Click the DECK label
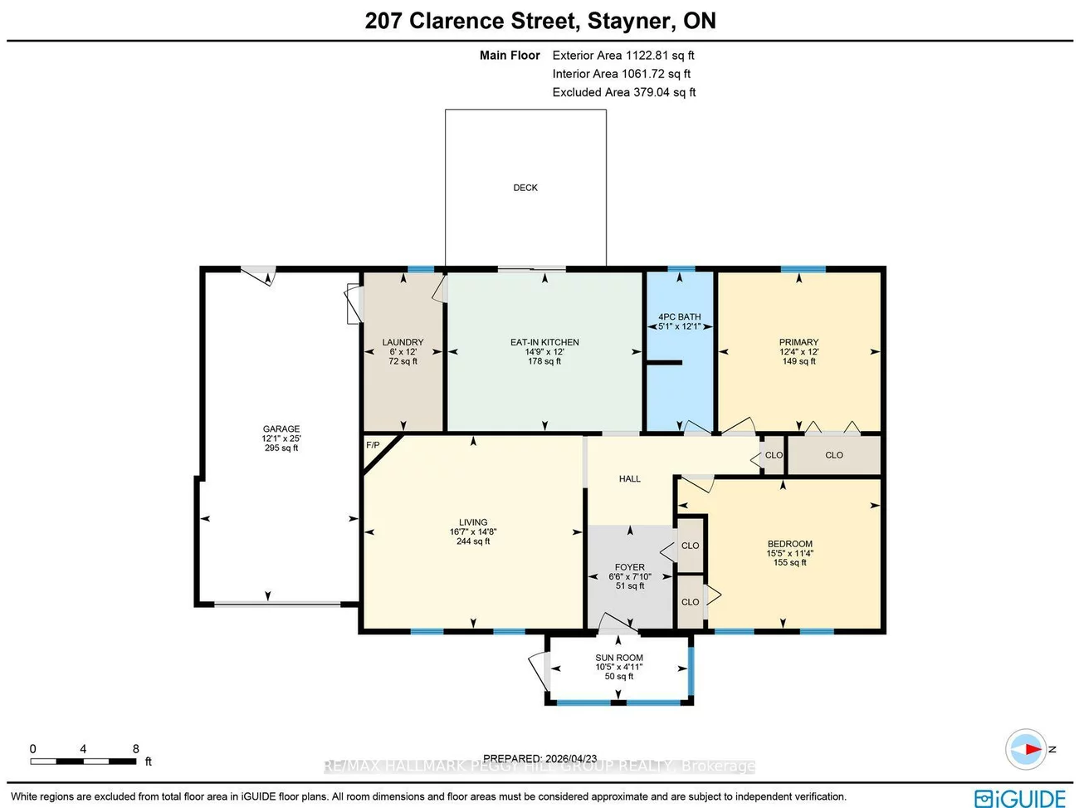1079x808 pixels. point(525,188)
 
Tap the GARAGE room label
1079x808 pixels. point(281,429)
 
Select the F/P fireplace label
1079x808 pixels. point(373,446)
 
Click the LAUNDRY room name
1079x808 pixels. point(403,342)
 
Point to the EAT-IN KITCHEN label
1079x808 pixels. point(544,342)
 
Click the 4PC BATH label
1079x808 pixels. point(679,317)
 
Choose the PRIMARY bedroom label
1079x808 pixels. point(798,342)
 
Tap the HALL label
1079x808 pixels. point(629,479)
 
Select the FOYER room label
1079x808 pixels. point(629,567)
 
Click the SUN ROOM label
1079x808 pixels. point(619,658)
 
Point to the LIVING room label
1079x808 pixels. point(473,522)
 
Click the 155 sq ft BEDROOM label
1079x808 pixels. point(789,544)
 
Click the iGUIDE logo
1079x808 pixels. point(1020,798)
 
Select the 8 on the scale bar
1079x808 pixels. point(136,749)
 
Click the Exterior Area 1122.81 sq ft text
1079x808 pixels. point(623,56)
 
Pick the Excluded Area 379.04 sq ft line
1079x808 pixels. point(623,92)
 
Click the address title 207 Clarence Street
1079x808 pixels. point(540,21)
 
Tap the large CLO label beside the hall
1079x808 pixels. point(834,455)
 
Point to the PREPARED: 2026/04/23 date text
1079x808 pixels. point(539,758)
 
